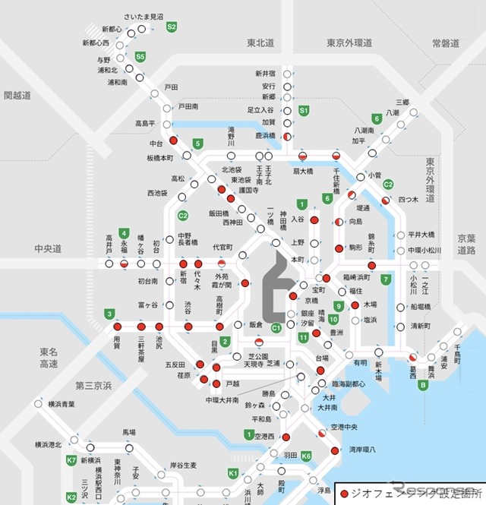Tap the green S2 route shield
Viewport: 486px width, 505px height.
pyautogui.click(x=172, y=27)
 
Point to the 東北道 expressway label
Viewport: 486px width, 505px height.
pyautogui.click(x=261, y=43)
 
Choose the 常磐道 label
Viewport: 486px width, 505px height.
pyautogui.click(x=445, y=43)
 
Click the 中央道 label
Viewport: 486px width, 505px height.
pyautogui.click(x=47, y=248)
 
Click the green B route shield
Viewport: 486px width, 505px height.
pyautogui.click(x=422, y=384)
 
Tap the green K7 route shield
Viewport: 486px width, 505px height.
pyautogui.click(x=71, y=460)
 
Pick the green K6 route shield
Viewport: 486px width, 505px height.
pyautogui.click(x=306, y=456)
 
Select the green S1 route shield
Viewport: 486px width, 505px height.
pyautogui.click(x=304, y=110)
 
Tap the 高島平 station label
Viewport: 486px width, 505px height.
pyautogui.click(x=146, y=123)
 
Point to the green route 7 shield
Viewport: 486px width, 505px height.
pyautogui.click(x=386, y=279)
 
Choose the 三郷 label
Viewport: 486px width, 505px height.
pyautogui.click(x=402, y=102)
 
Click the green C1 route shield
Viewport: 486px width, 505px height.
pyautogui.click(x=276, y=327)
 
